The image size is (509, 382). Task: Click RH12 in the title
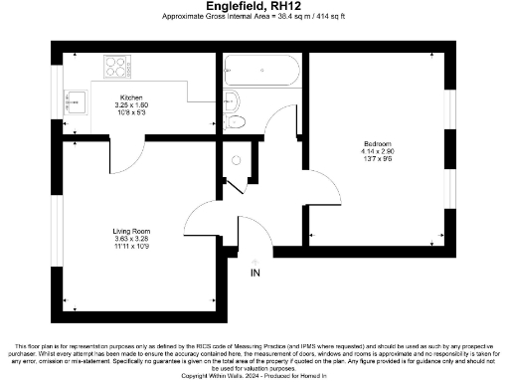point(280,6)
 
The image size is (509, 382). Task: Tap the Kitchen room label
point(131,97)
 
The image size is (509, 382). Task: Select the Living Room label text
point(131,232)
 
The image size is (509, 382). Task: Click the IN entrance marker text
point(255,273)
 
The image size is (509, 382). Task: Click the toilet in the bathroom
point(237,122)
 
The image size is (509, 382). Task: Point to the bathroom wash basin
point(232,99)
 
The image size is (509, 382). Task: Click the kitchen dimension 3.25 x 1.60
point(131,104)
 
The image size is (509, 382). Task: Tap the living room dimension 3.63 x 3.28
point(131,239)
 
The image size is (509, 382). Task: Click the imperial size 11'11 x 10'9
point(131,246)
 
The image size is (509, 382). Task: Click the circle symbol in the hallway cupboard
point(236,159)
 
